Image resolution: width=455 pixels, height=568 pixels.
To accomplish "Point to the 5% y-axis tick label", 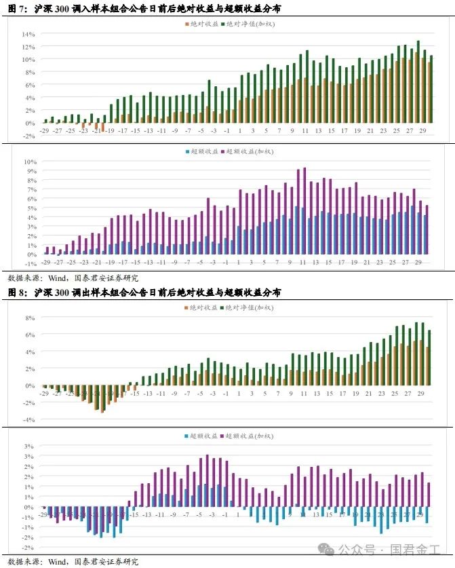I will [31, 208].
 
